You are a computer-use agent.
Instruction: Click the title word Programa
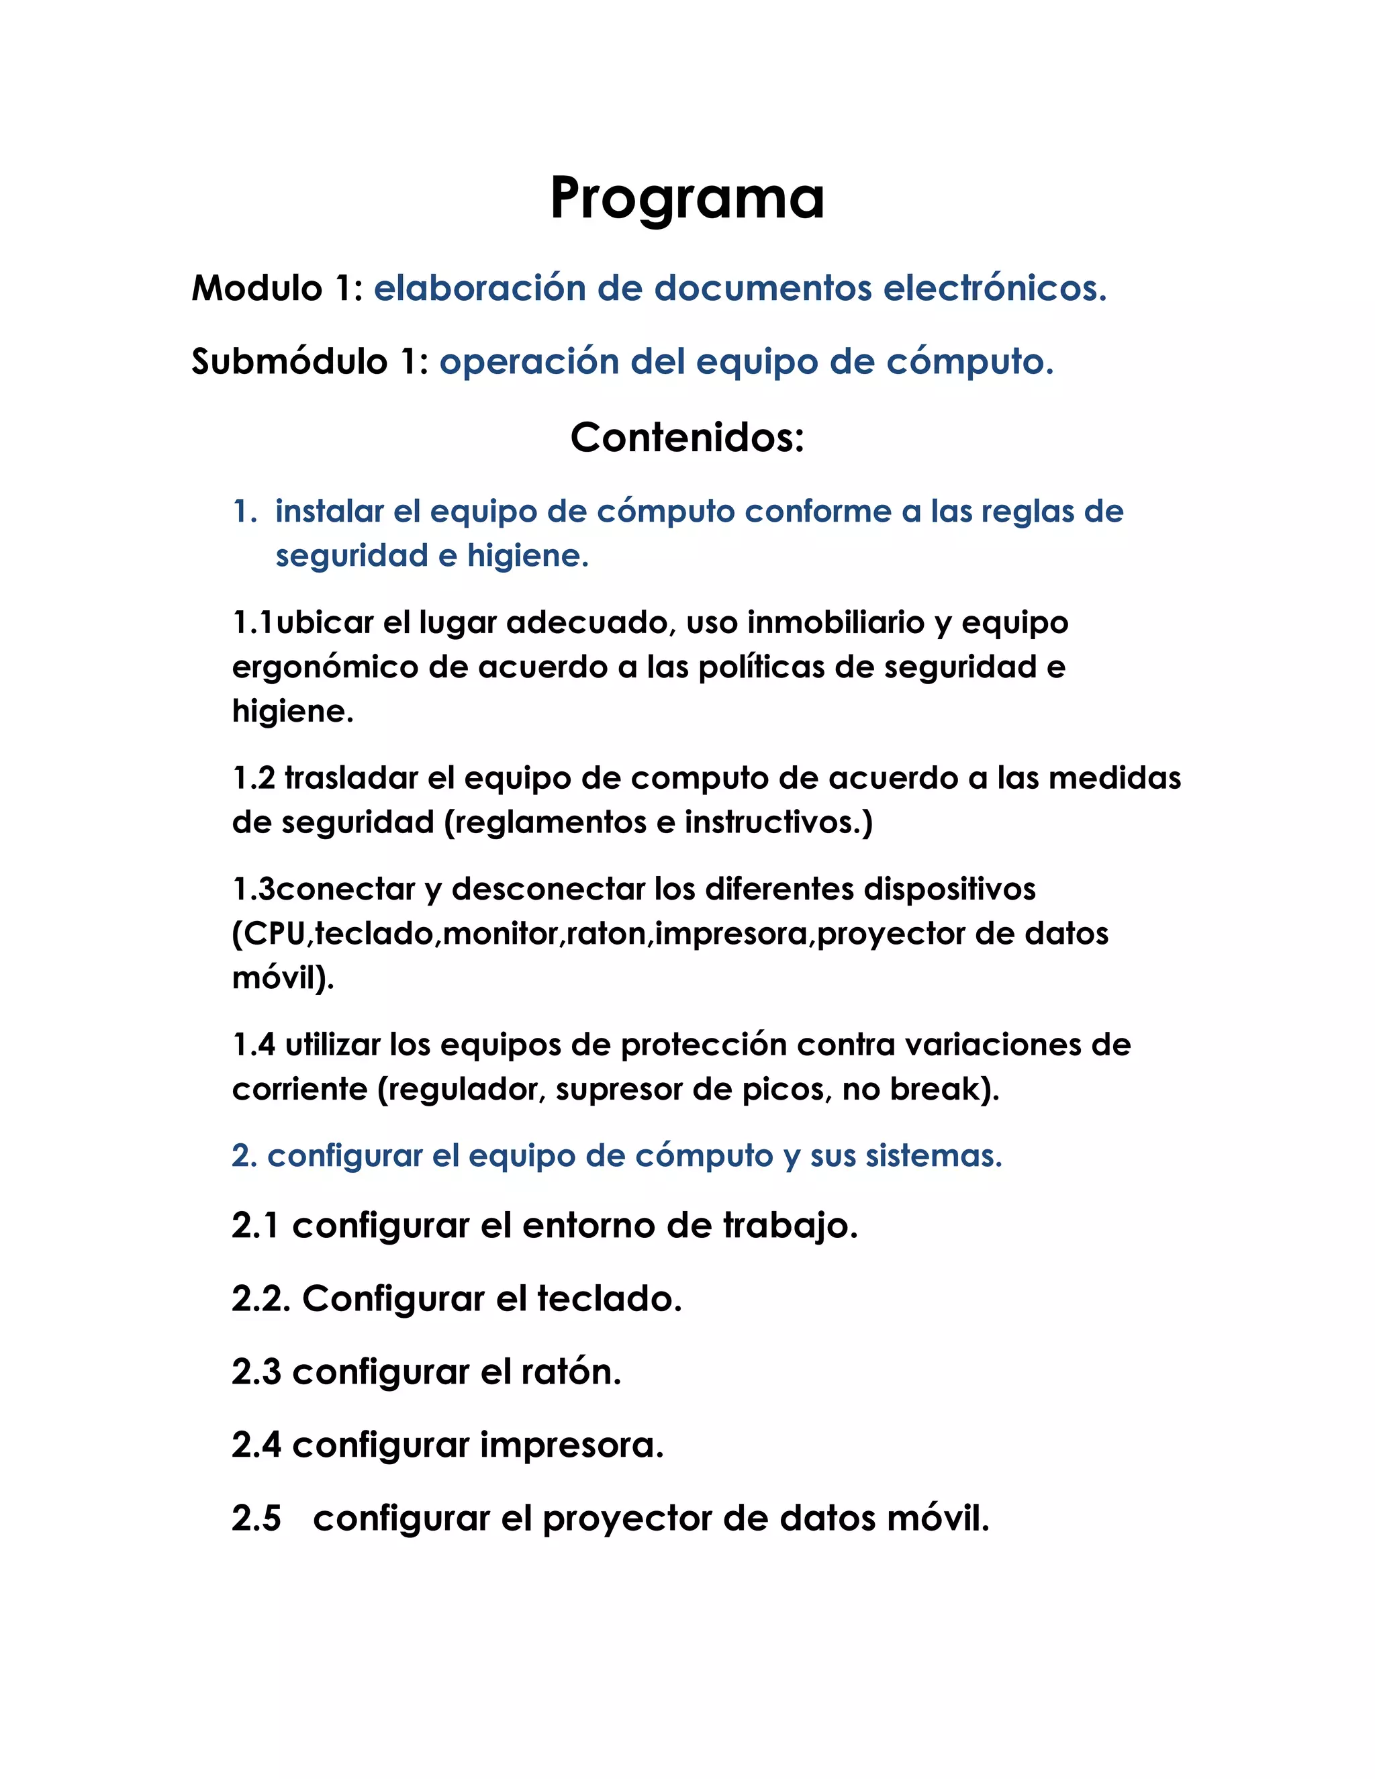(x=687, y=199)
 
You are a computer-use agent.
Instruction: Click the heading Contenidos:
(x=687, y=438)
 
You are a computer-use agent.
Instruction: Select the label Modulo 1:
(x=277, y=289)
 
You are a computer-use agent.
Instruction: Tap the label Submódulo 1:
(x=310, y=362)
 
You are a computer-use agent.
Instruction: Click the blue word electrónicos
(x=994, y=289)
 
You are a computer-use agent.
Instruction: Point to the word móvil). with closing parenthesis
(x=283, y=977)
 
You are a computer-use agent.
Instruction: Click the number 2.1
(x=256, y=1226)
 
